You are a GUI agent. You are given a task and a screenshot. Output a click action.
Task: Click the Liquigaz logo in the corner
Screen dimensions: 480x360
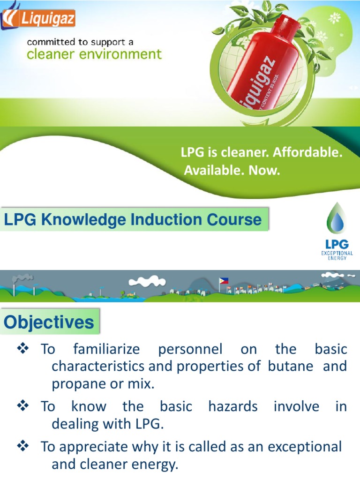(39, 19)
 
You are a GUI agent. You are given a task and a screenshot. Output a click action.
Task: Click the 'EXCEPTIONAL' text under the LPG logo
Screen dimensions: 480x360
(337, 253)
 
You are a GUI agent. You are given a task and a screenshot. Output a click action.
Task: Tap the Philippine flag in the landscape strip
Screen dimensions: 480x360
(224, 281)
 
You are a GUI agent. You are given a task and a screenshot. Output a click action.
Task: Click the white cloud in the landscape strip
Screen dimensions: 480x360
(147, 281)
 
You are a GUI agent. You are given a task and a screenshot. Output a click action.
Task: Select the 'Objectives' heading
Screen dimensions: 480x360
(49, 322)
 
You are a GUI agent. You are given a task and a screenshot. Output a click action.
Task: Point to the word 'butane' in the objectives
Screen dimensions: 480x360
(290, 366)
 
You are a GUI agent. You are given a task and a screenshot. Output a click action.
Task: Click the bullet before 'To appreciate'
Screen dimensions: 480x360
(23, 446)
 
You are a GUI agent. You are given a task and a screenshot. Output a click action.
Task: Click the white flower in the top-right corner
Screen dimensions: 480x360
(335, 18)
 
